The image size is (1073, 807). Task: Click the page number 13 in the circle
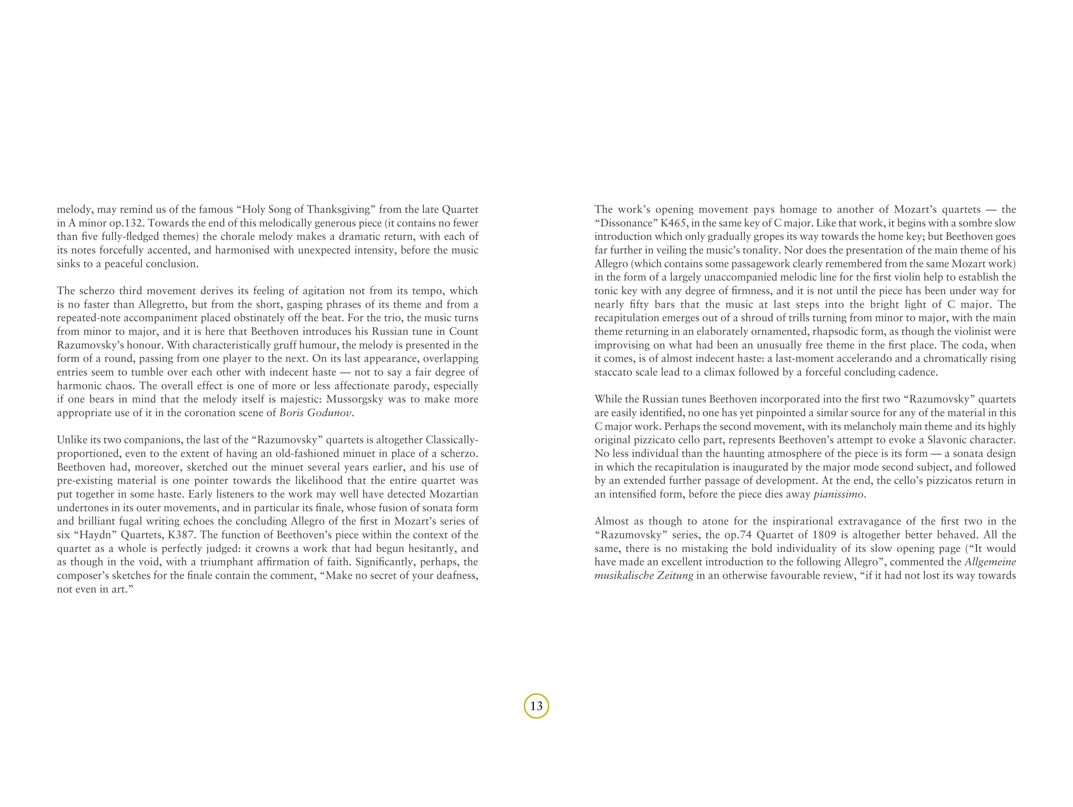(x=536, y=706)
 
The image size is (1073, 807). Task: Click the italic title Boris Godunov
(x=315, y=413)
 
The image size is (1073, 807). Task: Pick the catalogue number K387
(x=181, y=535)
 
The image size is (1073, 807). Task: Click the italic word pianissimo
(x=838, y=494)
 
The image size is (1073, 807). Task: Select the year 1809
(x=824, y=535)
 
